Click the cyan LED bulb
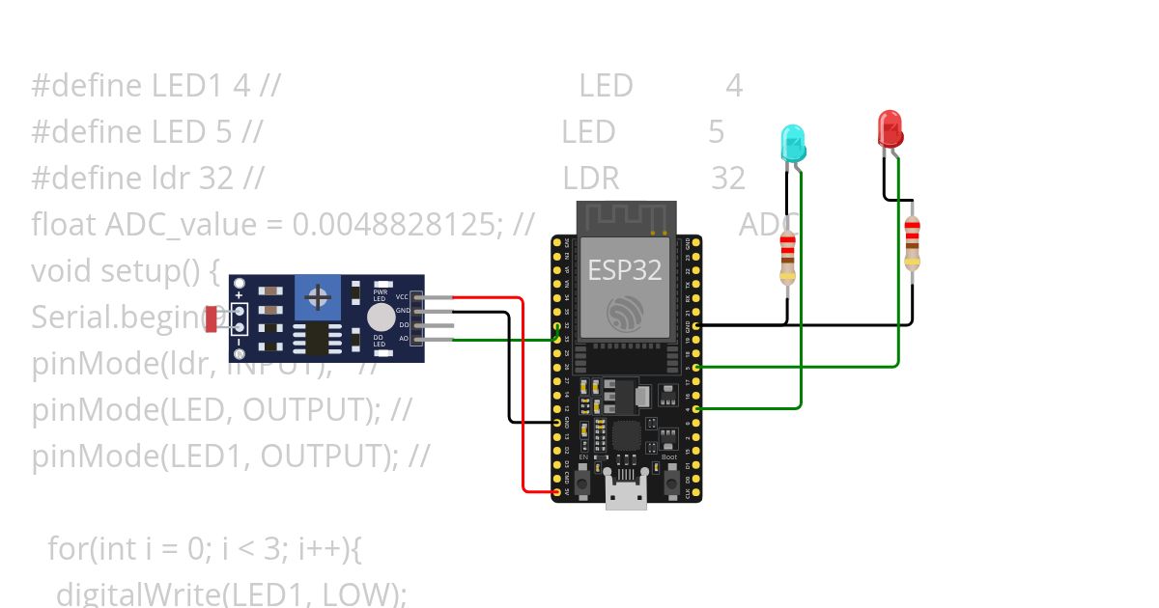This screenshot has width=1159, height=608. coord(792,143)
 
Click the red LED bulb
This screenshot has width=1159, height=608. coord(890,128)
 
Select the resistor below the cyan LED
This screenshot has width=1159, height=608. coord(787,258)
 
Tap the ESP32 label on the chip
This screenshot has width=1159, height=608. coord(625,270)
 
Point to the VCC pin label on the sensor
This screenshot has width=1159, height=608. coord(403,297)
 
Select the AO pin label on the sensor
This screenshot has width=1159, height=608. coord(404,339)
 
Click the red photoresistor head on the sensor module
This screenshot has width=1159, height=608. coord(212,318)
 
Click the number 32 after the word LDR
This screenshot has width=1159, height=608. coord(728,179)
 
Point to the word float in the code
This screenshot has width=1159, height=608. coord(64,225)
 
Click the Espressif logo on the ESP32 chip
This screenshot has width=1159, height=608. coord(625,313)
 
